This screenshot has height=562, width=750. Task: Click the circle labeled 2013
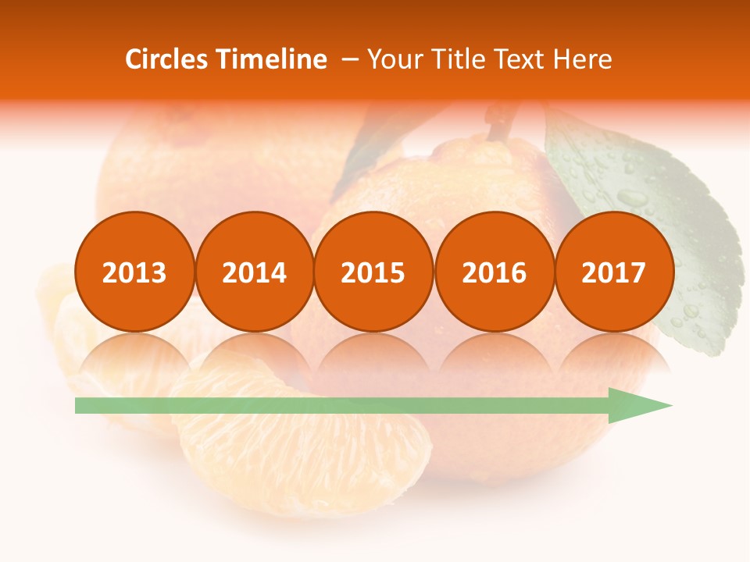134,272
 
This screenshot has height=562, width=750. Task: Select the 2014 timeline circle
254,272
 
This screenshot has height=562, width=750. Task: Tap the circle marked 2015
373,272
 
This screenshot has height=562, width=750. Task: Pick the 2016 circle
494,272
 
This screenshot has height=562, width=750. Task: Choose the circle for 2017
613,272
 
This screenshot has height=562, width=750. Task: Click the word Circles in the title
166,59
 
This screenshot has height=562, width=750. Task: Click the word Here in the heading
584,59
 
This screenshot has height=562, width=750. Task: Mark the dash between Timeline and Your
350,59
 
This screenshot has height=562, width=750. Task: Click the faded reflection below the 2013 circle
134,355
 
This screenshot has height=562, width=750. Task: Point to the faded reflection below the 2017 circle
613,355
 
